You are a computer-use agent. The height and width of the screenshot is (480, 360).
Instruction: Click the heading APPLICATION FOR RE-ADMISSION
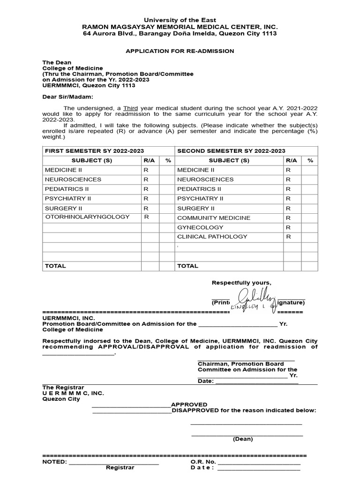[x=180, y=51]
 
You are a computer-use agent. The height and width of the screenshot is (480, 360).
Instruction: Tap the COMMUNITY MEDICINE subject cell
[x=213, y=218]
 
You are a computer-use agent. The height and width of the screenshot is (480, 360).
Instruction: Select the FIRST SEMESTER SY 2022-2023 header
[x=94, y=150]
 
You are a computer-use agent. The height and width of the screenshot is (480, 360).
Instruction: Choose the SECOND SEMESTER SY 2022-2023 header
[x=231, y=150]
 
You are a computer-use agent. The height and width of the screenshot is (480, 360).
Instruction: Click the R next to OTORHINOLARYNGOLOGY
[x=146, y=217]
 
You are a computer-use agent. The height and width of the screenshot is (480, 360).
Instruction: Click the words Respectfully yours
[x=241, y=283]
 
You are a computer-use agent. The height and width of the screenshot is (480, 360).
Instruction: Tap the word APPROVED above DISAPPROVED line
[x=189, y=405]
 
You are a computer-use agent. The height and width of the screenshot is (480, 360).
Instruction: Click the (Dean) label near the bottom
[x=243, y=439]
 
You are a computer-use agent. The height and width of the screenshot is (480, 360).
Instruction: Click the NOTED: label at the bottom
[x=55, y=462]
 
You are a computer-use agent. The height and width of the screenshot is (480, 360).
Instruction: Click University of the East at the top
[x=180, y=20]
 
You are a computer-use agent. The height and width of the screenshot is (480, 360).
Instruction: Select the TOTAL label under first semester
[x=55, y=266]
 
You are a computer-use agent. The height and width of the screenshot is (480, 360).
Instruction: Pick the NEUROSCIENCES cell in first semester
[x=73, y=180]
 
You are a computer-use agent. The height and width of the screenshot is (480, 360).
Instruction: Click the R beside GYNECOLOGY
[x=288, y=227]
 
